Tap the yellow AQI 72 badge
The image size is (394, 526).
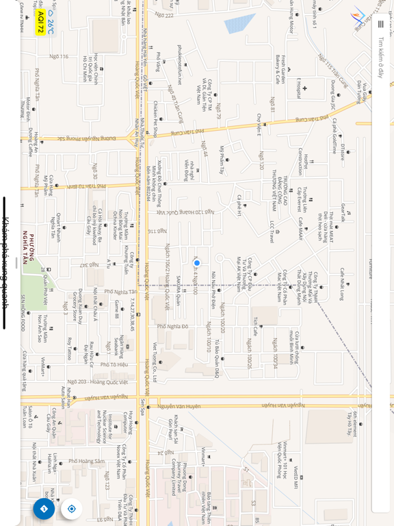[40, 22]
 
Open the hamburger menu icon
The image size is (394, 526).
[380, 24]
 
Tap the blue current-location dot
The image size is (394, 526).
[197, 263]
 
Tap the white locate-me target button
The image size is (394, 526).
[71, 508]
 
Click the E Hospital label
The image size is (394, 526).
[299, 88]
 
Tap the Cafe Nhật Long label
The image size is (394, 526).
[341, 284]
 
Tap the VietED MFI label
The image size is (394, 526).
[295, 477]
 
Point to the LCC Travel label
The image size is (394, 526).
[271, 231]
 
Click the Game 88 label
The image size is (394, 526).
[117, 309]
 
